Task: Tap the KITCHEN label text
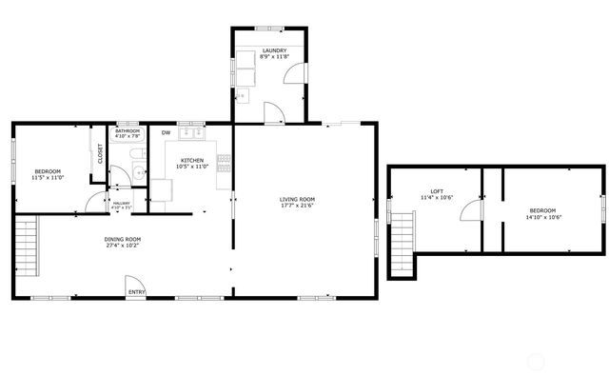[192, 160]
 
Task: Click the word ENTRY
[136, 292]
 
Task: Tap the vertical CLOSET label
[99, 153]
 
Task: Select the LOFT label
[437, 191]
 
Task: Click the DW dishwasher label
[166, 132]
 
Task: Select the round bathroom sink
[137, 172]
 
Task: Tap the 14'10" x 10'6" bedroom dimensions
[542, 216]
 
